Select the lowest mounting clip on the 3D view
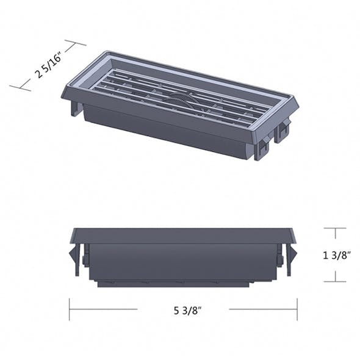coord(262,147)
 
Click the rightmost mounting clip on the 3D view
coord(283,130)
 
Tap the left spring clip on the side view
coord(74,257)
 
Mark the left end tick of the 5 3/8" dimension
coord(70,309)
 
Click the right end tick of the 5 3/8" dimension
coord(297,309)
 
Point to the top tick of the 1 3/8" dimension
coord(335,229)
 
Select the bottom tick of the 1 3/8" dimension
coord(335,281)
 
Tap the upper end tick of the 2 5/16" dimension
coord(74,45)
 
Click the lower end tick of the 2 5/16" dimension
coord(20,87)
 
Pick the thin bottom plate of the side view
coord(173,284)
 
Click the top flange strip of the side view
coord(183,236)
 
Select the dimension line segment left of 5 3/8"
coord(104,309)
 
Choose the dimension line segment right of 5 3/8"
coord(262,309)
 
